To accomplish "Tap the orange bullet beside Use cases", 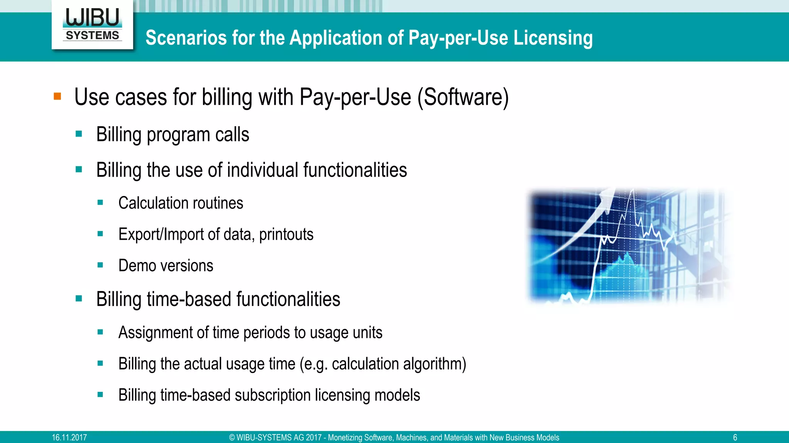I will (57, 96).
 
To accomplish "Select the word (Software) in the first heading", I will (463, 97).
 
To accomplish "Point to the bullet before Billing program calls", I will (79, 134).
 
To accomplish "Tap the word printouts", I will (286, 234).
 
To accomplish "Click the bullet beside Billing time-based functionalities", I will (79, 298).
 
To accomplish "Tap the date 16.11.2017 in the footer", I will (69, 438).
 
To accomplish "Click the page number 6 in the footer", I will (735, 438).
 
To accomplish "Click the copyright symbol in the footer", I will (232, 438).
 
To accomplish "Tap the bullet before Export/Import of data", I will (100, 234).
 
